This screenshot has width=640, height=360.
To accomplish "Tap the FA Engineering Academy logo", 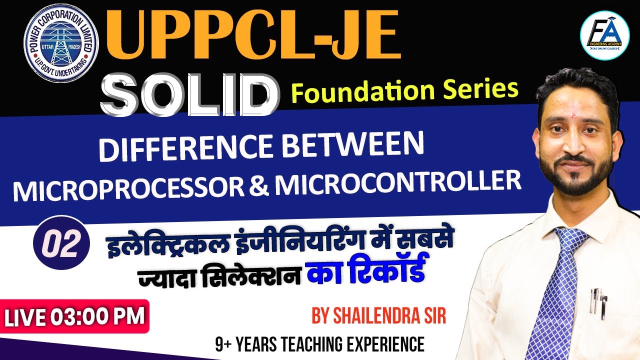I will (x=604, y=35).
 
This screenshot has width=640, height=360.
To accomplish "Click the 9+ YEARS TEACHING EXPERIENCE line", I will (x=320, y=344).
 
